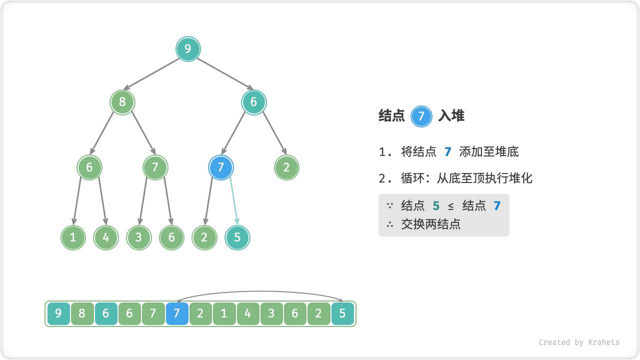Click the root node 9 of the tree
pos(188,49)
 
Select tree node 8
pos(122,102)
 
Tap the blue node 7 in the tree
pos(221,167)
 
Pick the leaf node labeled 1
pos(73,237)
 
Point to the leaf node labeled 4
pos(106,237)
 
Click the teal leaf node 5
pos(237,237)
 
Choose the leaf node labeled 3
pos(138,237)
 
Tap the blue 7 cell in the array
pos(177,314)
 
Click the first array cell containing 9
pos(58,314)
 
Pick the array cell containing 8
pos(82,314)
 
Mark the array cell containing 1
pos(224,314)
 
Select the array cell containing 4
pos(248,314)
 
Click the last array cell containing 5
pos(342,314)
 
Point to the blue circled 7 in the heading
pos(421,116)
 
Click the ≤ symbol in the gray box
pos(451,206)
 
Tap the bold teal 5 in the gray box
pos(436,206)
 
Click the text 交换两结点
pos(430,224)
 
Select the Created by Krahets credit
pos(578,342)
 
